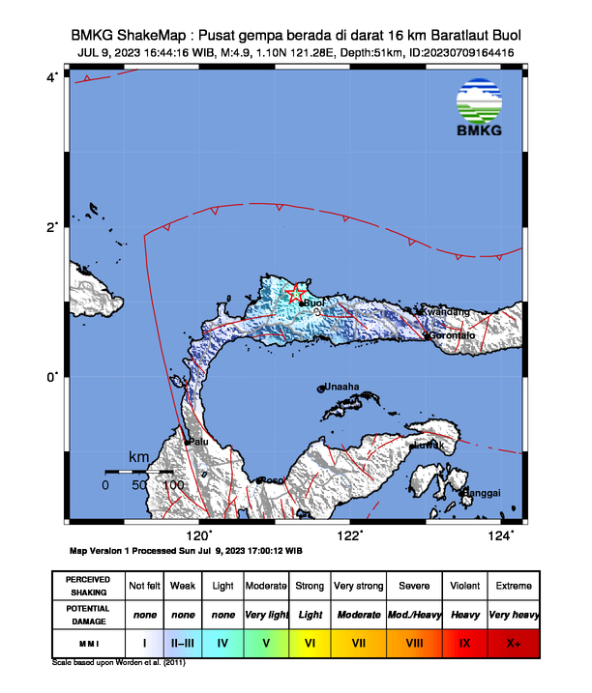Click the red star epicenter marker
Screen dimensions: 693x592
[x=297, y=292]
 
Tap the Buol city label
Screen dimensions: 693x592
[x=314, y=303]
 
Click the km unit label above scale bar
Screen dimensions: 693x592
[x=140, y=456]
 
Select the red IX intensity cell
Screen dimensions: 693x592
[x=464, y=641]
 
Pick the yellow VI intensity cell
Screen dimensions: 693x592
[x=310, y=641]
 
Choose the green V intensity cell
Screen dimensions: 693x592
[x=265, y=641]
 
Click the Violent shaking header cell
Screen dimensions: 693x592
[x=464, y=586]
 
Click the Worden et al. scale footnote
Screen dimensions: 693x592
[x=118, y=664]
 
